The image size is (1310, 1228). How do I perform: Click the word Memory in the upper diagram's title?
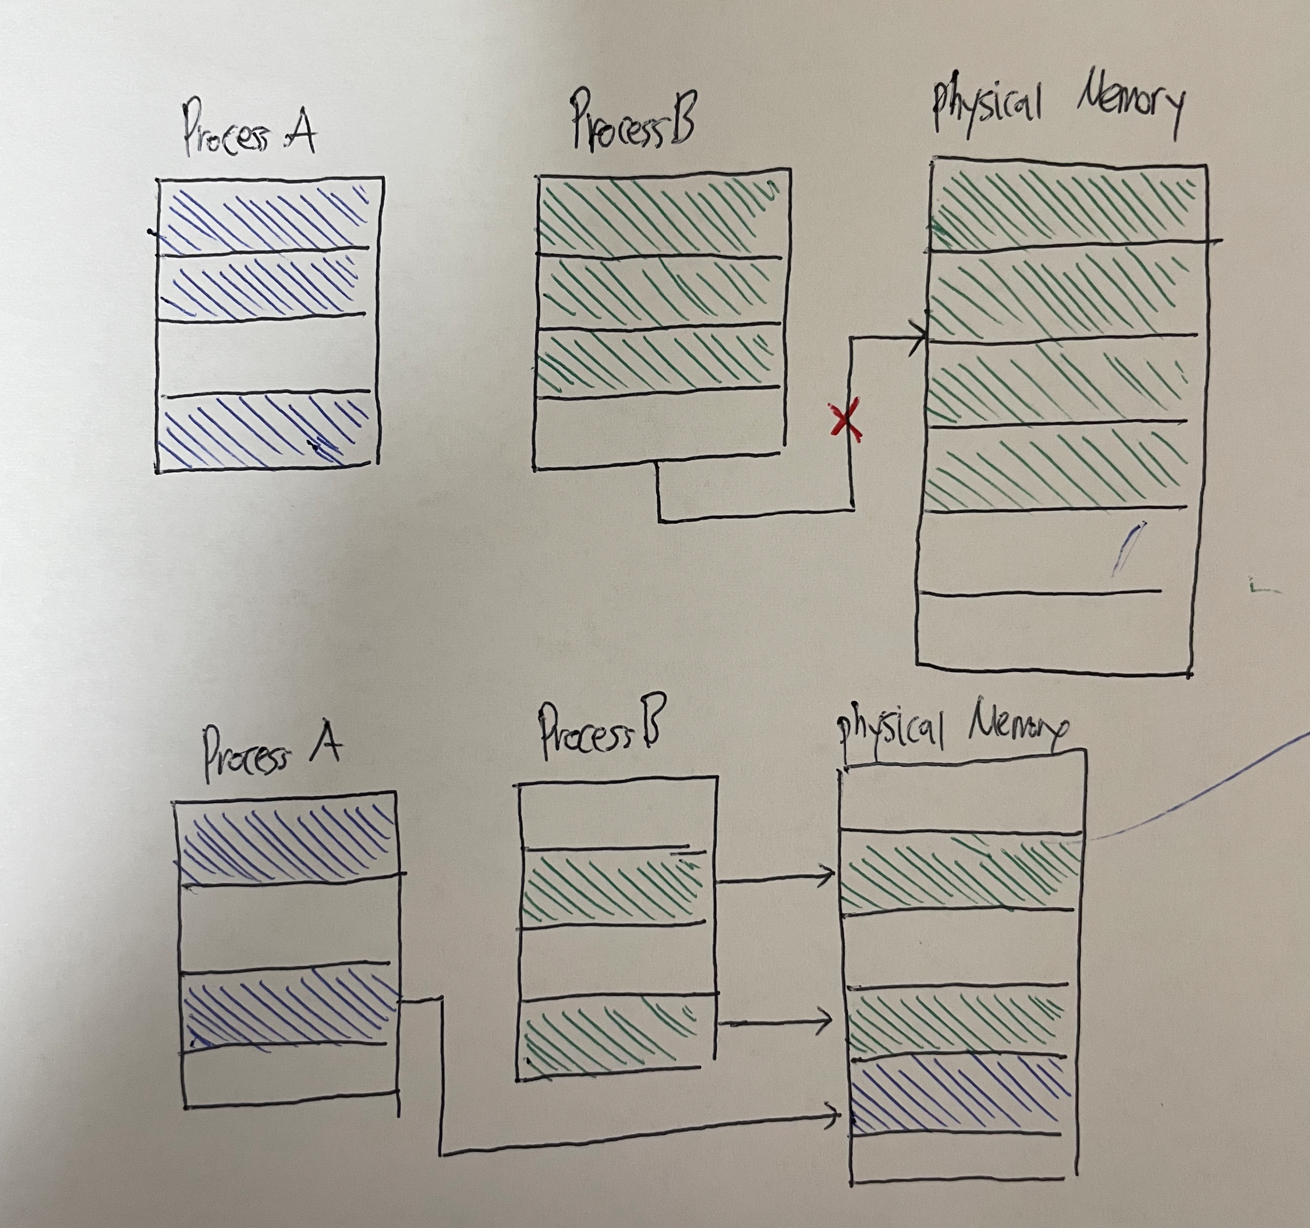(1130, 109)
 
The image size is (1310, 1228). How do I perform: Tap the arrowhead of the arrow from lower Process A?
(834, 1114)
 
